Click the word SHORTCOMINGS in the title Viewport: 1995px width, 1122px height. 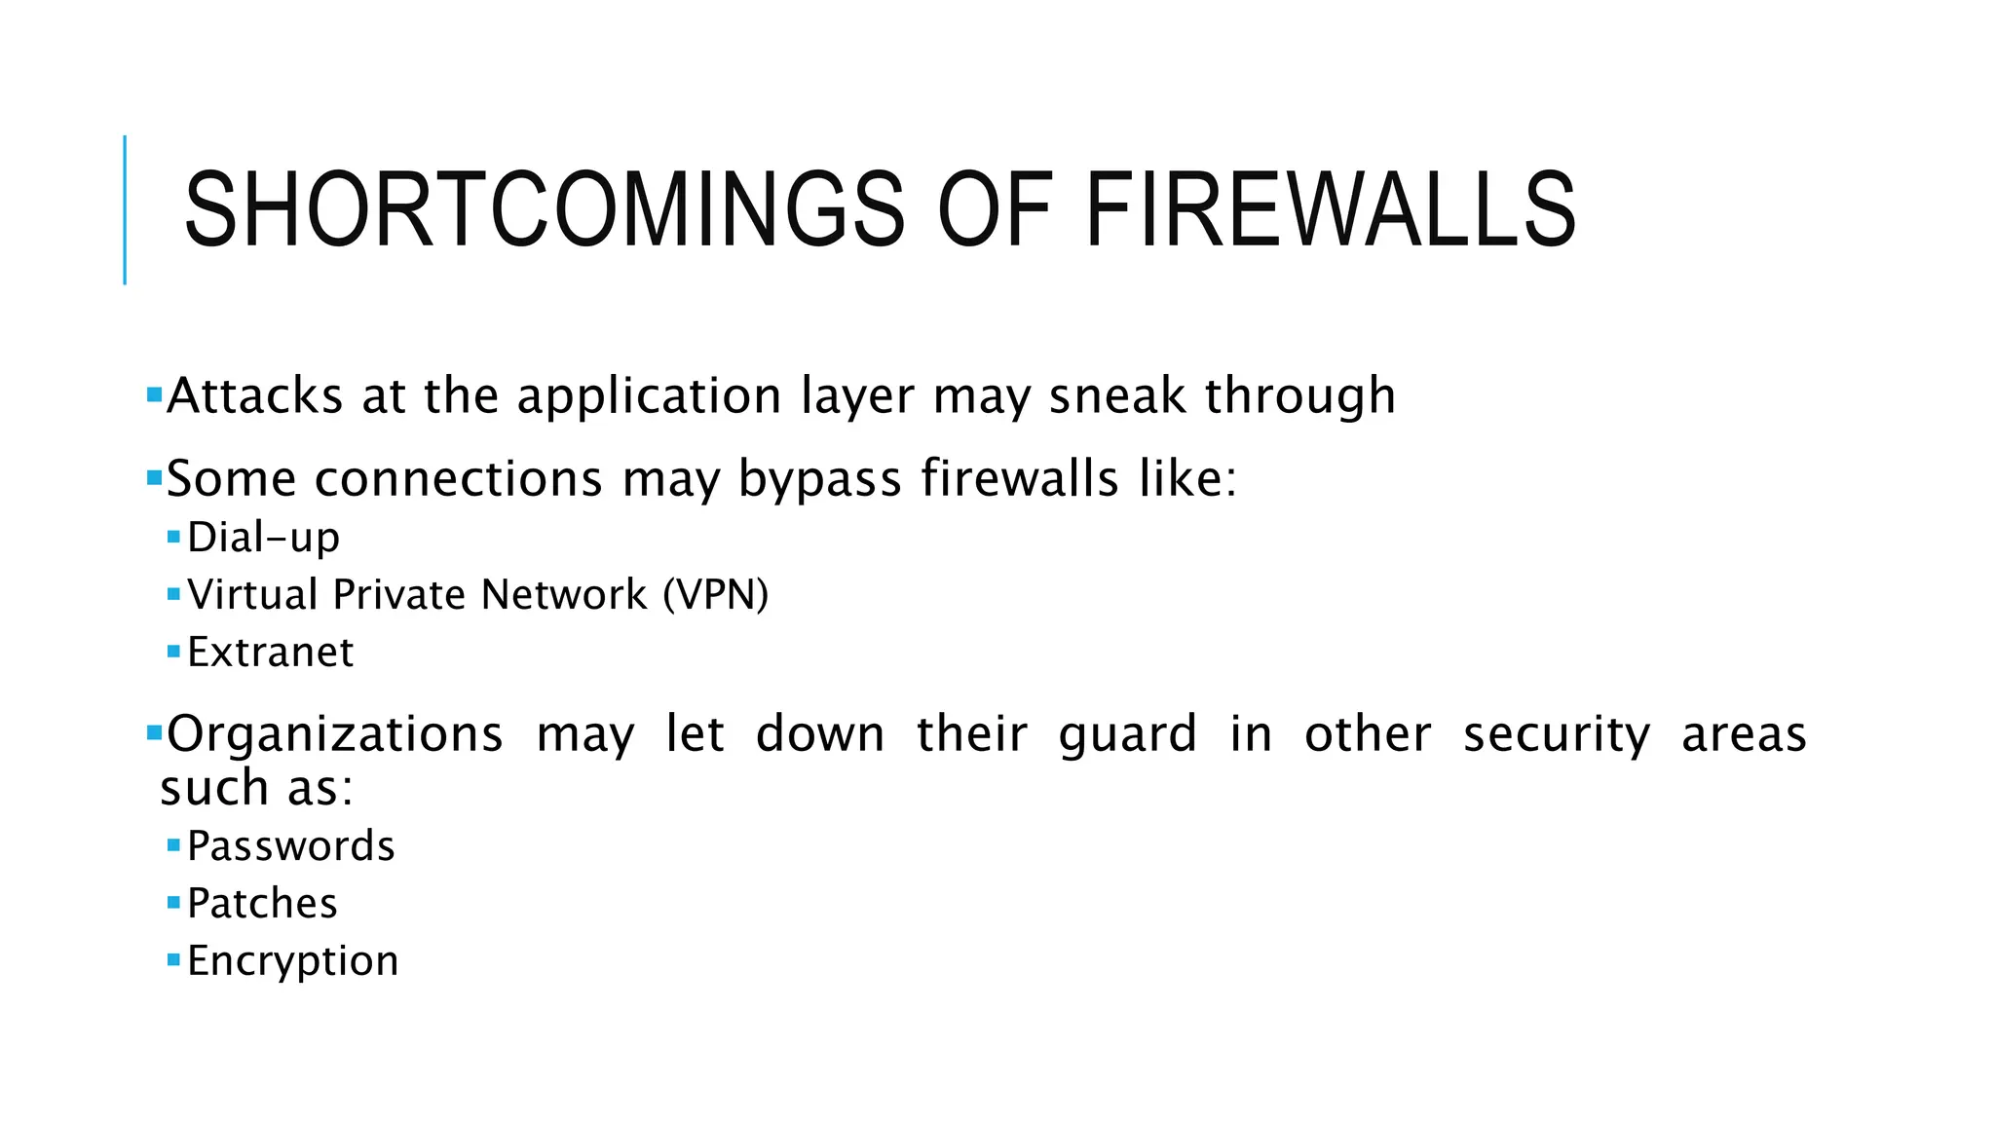[545, 209]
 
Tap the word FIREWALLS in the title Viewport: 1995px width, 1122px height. [1330, 209]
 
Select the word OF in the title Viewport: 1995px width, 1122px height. [995, 209]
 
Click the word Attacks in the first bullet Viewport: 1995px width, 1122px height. [254, 396]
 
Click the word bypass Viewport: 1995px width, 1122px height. [819, 480]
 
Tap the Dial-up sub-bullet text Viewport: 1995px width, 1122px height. [263, 538]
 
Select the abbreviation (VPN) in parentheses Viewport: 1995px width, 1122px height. [716, 595]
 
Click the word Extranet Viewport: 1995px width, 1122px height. [270, 653]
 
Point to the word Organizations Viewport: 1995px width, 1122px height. [334, 734]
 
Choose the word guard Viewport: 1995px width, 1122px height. [1127, 736]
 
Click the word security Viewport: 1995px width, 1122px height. [1557, 736]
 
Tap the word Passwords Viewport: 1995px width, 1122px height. [290, 846]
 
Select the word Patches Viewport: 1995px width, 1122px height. [262, 904]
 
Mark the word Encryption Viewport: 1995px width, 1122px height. [292, 962]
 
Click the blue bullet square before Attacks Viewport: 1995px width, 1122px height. [154, 395]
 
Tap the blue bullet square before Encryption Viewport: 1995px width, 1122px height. [173, 960]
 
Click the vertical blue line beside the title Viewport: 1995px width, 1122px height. [125, 209]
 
